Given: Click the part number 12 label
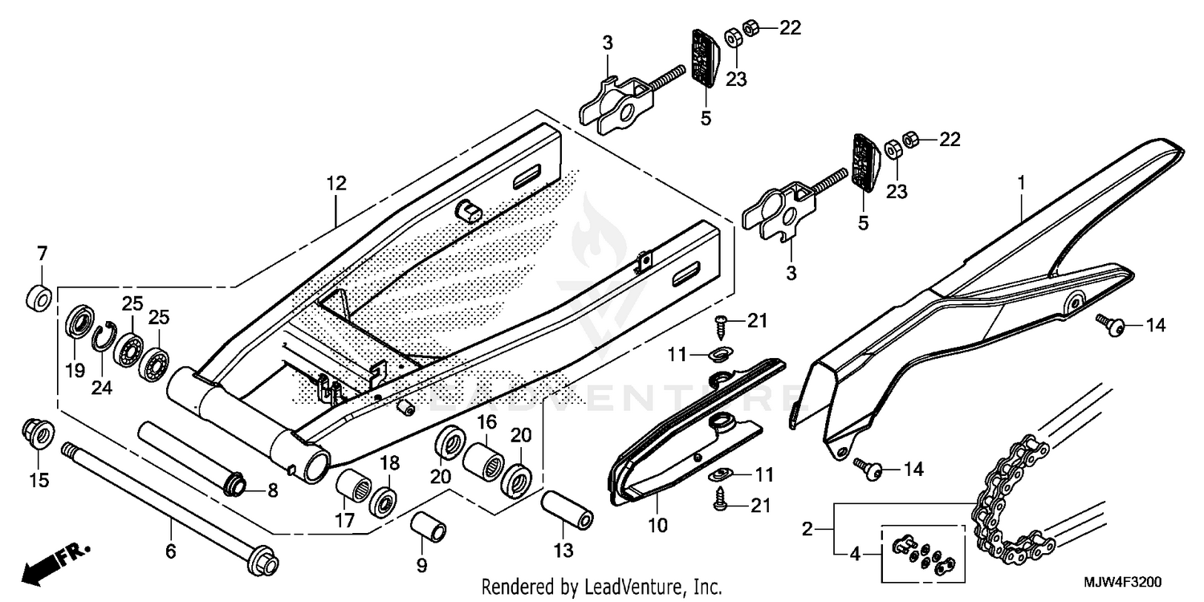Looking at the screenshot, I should (x=336, y=184).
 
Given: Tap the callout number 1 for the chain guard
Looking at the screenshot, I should (x=1022, y=184).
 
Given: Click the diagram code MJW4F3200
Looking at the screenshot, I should (x=1129, y=582).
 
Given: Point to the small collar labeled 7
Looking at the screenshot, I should (x=39, y=297).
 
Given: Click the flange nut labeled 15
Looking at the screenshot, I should (x=37, y=433).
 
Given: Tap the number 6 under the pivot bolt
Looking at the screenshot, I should (x=171, y=551).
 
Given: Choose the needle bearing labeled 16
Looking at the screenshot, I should (x=484, y=460).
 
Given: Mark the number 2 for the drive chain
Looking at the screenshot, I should (x=808, y=529).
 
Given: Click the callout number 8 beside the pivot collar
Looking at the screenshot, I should (x=272, y=490).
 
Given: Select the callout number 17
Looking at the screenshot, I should (x=344, y=520).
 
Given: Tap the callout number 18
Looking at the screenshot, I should (x=389, y=463).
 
